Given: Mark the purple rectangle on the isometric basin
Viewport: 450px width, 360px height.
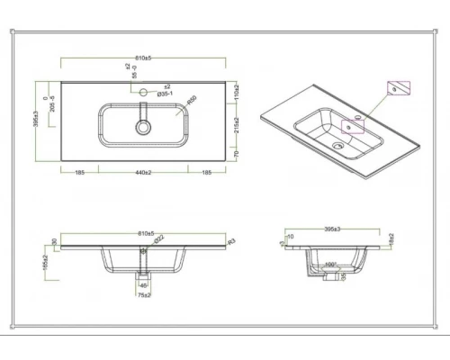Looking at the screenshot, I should (x=352, y=124).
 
